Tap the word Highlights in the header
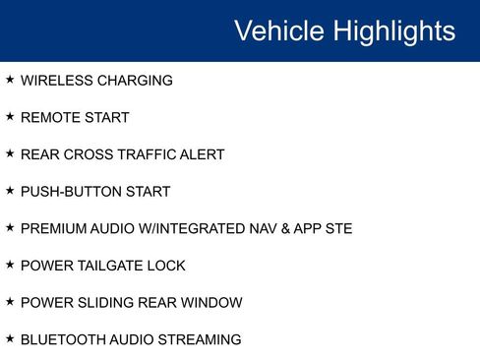[x=393, y=30]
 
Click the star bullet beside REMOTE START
[x=10, y=117]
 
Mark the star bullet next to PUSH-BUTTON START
[x=10, y=191]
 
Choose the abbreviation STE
[x=336, y=229]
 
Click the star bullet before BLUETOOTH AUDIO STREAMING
[x=10, y=339]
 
